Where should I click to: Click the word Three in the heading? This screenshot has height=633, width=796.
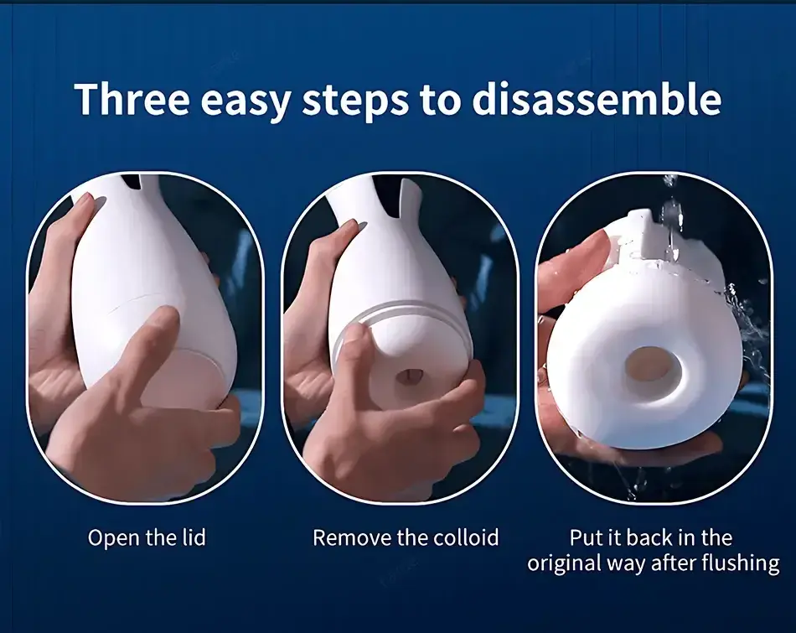click(x=132, y=99)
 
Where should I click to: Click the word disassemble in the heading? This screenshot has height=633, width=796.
click(x=596, y=99)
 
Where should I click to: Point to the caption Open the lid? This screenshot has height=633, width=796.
click(x=147, y=537)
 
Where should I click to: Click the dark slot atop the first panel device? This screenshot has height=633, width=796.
click(x=132, y=181)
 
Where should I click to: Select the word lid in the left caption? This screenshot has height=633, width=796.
click(x=194, y=537)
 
